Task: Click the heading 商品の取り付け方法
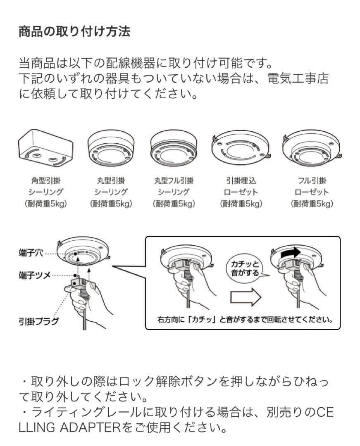[74, 32]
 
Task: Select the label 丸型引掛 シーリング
[110, 186]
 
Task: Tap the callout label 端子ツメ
[35, 275]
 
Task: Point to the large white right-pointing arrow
[245, 297]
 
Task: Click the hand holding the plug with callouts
[87, 304]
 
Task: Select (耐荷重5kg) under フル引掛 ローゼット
[312, 204]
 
